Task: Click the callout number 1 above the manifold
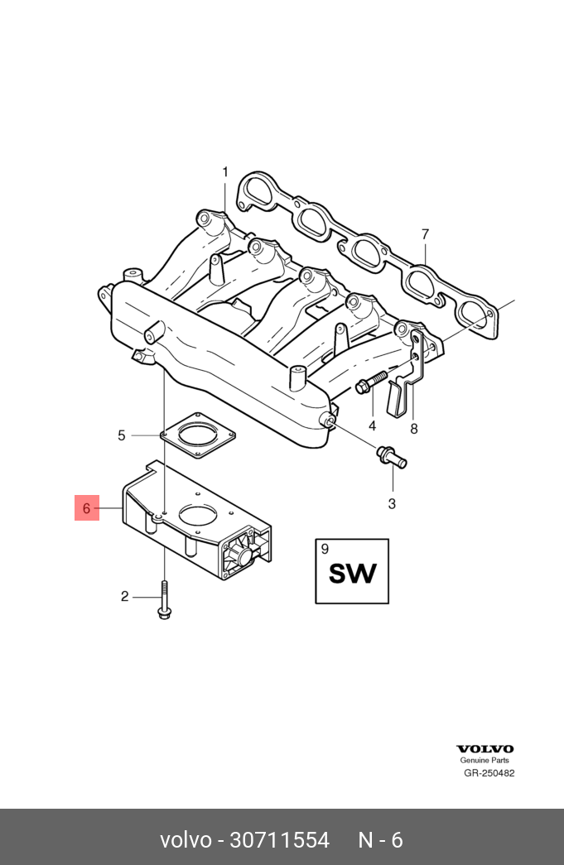[225, 172]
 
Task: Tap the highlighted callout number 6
[87, 507]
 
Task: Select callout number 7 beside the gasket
[425, 234]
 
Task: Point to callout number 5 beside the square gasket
[122, 435]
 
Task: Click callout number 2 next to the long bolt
[125, 596]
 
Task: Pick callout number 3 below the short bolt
[392, 503]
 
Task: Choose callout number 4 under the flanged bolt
[373, 426]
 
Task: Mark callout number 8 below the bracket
[414, 429]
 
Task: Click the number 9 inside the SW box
[325, 548]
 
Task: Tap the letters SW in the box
[352, 574]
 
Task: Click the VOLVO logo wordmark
[484, 748]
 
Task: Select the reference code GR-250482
[489, 773]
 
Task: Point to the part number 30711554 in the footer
[279, 840]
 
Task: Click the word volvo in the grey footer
[186, 840]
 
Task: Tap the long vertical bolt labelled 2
[165, 599]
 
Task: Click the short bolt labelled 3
[391, 455]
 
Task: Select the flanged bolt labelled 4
[371, 382]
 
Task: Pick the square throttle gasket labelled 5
[198, 435]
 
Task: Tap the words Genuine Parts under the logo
[484, 760]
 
